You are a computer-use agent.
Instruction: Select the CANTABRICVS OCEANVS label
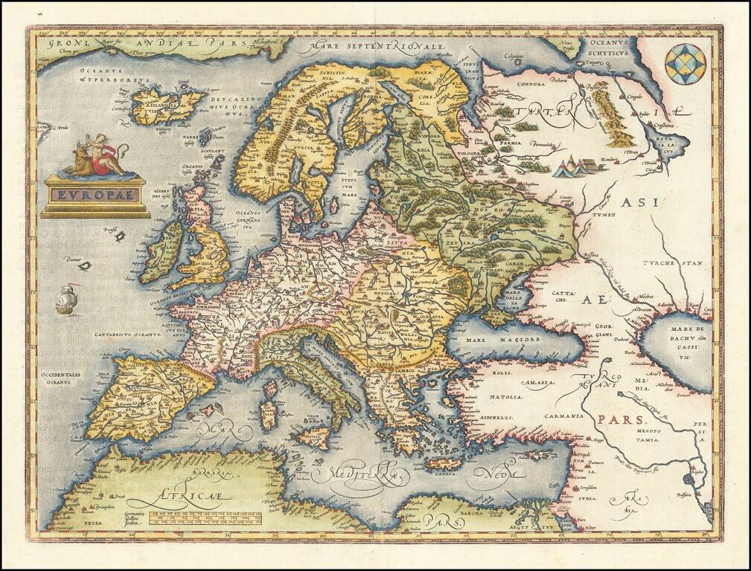[x=128, y=335]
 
